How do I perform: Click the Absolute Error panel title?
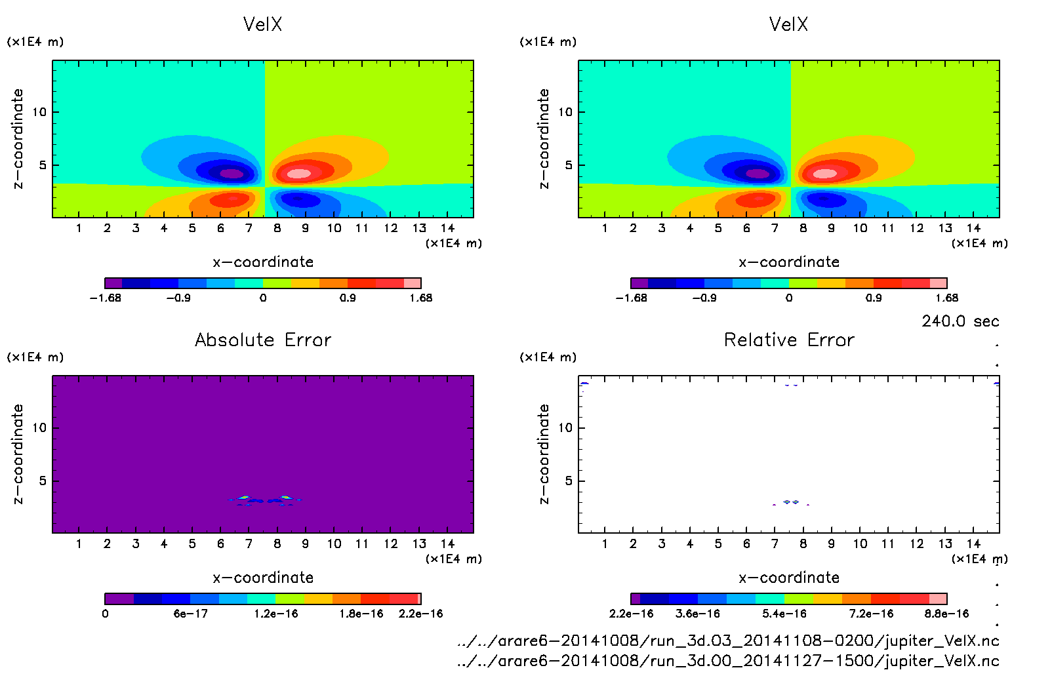coord(263,340)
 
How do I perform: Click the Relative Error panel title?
coord(789,340)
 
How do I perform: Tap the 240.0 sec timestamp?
coord(960,321)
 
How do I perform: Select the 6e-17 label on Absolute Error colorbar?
coord(190,614)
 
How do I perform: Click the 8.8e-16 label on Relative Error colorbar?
coord(946,614)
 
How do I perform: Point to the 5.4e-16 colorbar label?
coord(784,614)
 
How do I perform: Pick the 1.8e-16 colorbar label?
coord(361,614)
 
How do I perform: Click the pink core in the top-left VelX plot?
coord(299,174)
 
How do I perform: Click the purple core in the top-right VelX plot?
coord(758,174)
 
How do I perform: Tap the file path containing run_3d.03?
coord(728,641)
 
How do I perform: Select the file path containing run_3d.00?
coord(728,661)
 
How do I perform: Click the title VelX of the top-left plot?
coord(262,24)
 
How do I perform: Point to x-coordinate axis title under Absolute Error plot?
coord(263,578)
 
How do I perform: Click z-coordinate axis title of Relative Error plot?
coord(544,454)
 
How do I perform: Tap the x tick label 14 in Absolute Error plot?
coord(447,543)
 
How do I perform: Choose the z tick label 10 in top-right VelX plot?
coord(565,112)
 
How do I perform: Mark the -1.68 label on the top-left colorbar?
coord(105,298)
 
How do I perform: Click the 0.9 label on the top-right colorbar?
coord(874,298)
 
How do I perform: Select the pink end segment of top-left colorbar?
coord(412,283)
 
